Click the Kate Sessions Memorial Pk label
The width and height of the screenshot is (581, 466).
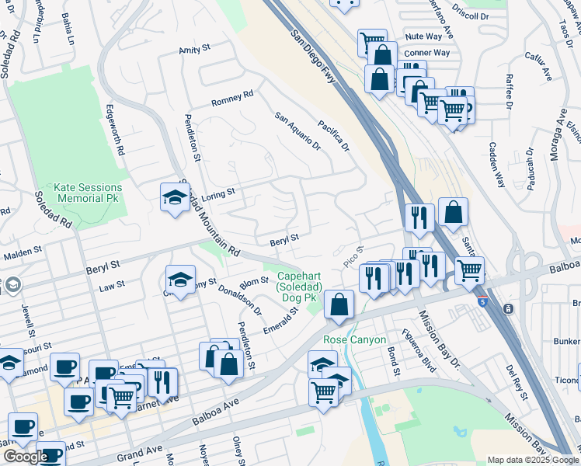pos(88,193)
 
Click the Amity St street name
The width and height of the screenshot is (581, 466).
pos(195,48)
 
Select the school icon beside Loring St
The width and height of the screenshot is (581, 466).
pos(176,197)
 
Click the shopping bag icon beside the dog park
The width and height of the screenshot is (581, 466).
pos(339,304)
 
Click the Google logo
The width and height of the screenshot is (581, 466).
pos(25,457)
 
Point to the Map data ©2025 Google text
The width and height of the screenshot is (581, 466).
pos(533,460)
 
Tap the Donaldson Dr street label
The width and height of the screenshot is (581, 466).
pos(240,298)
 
